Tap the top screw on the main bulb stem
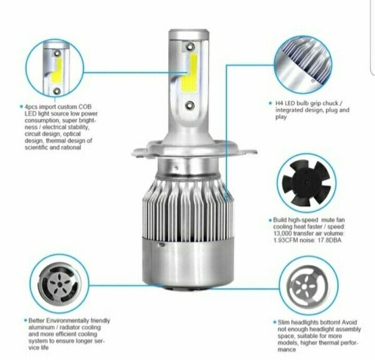click(x=190, y=47)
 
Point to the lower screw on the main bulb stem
click(x=190, y=105)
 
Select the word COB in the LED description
click(x=85, y=107)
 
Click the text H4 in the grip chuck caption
click(x=279, y=103)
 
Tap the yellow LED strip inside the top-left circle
click(x=57, y=70)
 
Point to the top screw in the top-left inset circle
click(x=57, y=53)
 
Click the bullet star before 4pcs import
click(x=21, y=106)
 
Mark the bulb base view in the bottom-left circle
click(x=59, y=284)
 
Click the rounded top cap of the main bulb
click(x=188, y=32)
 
